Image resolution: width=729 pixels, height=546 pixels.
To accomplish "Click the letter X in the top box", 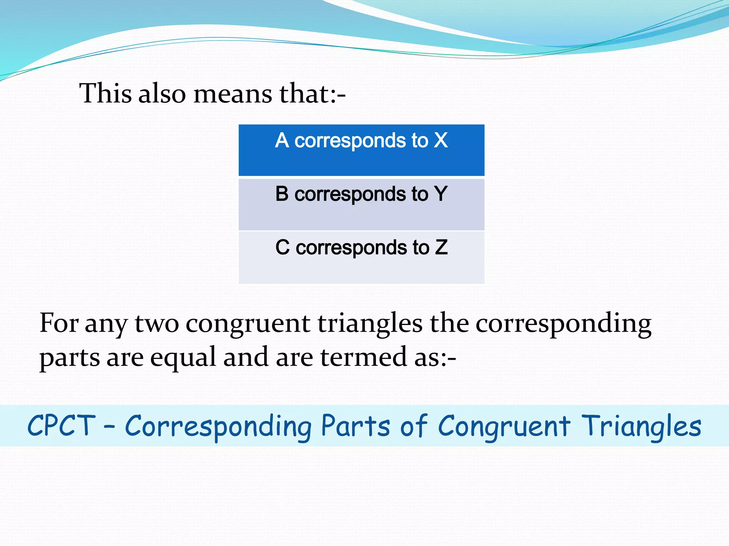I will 441,140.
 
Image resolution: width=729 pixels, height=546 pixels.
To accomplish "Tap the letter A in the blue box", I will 282,140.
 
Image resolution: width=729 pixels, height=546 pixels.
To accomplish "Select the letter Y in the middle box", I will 441,194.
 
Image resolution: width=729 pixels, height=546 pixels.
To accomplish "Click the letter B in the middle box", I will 282,194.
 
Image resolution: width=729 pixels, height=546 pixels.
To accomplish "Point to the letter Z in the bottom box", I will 441,247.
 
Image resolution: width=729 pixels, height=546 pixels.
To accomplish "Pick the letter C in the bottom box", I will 282,247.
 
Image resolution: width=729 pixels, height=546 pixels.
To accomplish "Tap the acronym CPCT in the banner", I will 62,426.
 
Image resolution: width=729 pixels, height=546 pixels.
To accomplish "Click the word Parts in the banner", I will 355,426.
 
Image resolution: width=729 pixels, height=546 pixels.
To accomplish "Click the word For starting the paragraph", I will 59,323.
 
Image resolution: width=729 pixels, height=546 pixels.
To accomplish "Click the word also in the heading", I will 162,93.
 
